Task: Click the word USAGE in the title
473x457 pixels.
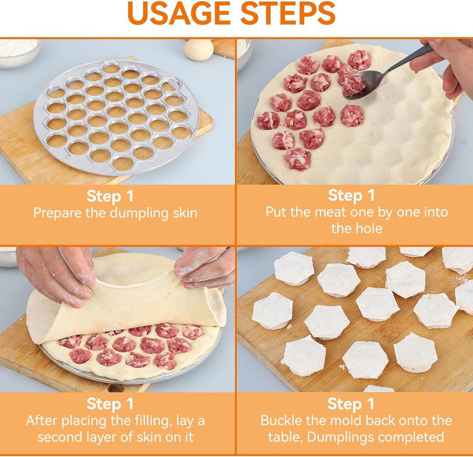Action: coord(179,13)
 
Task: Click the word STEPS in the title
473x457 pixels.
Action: coord(288,13)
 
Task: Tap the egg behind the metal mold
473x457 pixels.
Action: coord(199,50)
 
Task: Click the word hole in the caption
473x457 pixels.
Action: coord(368,228)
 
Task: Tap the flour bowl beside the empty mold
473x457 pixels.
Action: coord(19,53)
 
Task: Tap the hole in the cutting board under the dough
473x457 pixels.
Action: coord(116,388)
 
